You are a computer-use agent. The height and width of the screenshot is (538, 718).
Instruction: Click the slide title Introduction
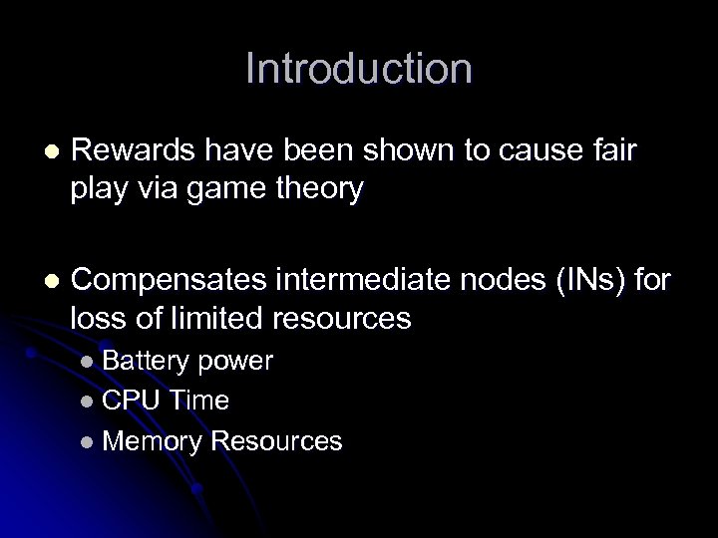pos(358,70)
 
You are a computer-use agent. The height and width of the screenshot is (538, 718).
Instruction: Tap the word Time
pos(198,401)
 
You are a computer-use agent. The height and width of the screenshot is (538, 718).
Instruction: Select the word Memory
pos(150,440)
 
